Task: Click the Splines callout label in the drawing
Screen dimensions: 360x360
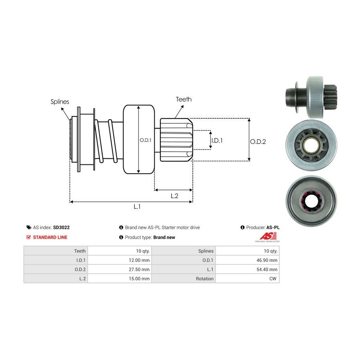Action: (x=60, y=102)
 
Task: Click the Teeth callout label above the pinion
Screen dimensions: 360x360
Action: (x=184, y=99)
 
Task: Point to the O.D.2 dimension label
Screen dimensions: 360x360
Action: (x=258, y=141)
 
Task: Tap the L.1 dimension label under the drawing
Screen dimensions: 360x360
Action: (x=137, y=206)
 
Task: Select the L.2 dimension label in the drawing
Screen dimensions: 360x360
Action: (x=174, y=196)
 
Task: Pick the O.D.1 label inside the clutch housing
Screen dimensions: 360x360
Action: (x=145, y=140)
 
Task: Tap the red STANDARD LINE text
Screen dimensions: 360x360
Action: (x=50, y=237)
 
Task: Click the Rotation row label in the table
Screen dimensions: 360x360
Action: (x=204, y=278)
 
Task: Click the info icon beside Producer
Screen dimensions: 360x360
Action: (x=242, y=227)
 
